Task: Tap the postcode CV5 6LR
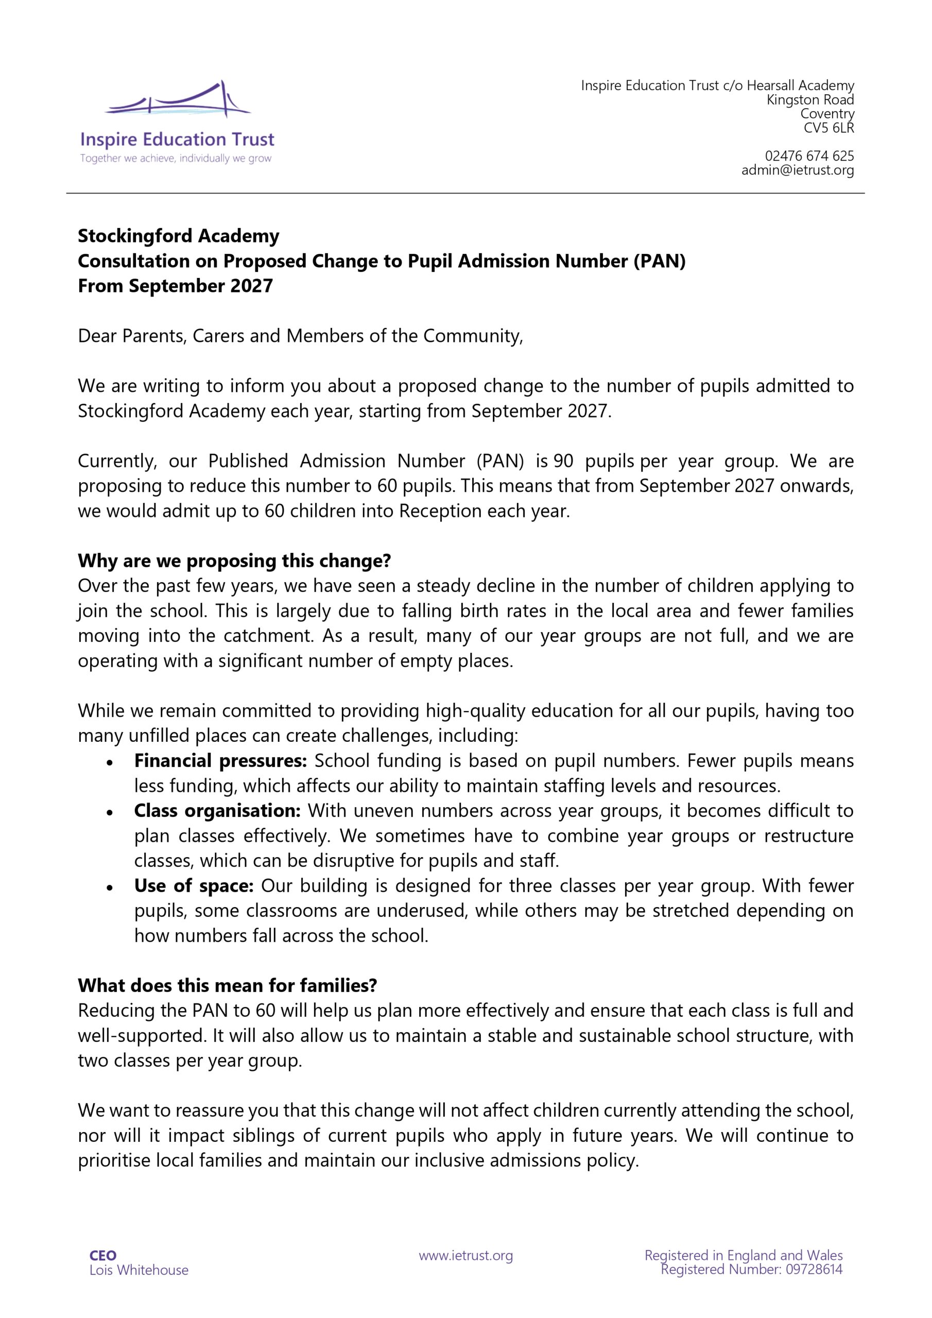click(x=829, y=128)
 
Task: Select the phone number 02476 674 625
click(x=809, y=156)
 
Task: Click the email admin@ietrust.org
click(x=798, y=170)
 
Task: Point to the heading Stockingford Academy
click(x=179, y=236)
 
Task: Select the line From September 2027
click(x=175, y=286)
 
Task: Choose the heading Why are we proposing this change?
click(x=234, y=561)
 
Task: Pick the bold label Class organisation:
click(x=218, y=811)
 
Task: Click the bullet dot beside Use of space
click(x=109, y=888)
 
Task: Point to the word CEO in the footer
click(x=103, y=1256)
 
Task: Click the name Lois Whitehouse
click(x=139, y=1270)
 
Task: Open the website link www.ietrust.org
click(x=465, y=1256)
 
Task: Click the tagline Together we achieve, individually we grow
click(x=176, y=159)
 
